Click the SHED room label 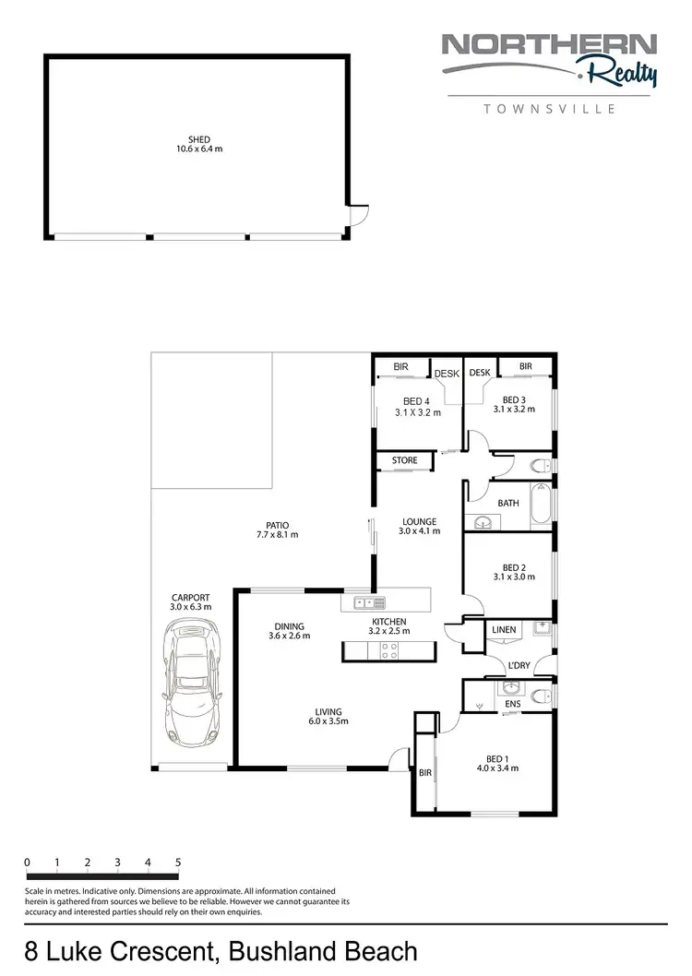[199, 138]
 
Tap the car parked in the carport [190, 681]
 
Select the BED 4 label [416, 400]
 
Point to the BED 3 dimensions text [514, 409]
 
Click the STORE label [404, 460]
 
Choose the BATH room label [508, 503]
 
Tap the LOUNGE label [417, 521]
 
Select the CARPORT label [190, 596]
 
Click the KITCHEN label [388, 622]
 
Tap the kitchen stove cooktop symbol [388, 651]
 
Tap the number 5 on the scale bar [177, 863]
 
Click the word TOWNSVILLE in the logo [551, 108]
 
